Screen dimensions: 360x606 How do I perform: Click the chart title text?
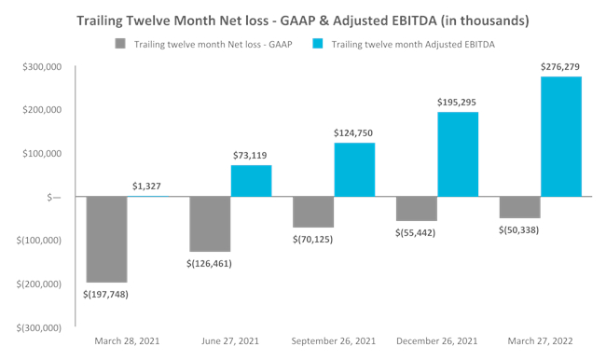(x=303, y=20)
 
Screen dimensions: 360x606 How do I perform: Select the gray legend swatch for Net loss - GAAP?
(x=119, y=44)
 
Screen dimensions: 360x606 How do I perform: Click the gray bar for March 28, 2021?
(x=106, y=239)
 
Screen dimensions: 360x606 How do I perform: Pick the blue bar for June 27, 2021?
(x=251, y=181)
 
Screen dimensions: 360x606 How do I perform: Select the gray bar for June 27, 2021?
(x=210, y=224)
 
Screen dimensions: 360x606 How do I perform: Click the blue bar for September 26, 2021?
(x=354, y=170)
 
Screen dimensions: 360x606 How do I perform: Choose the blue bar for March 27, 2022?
(x=560, y=137)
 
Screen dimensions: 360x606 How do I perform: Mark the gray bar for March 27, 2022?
(x=519, y=208)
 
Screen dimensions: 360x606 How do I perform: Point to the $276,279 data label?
(x=560, y=66)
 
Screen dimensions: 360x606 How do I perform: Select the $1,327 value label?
(x=148, y=187)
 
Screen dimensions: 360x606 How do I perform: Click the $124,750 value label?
(x=354, y=133)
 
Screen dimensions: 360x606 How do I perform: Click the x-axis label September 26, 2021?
(x=334, y=341)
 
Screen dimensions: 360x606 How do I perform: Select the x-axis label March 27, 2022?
(x=540, y=341)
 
